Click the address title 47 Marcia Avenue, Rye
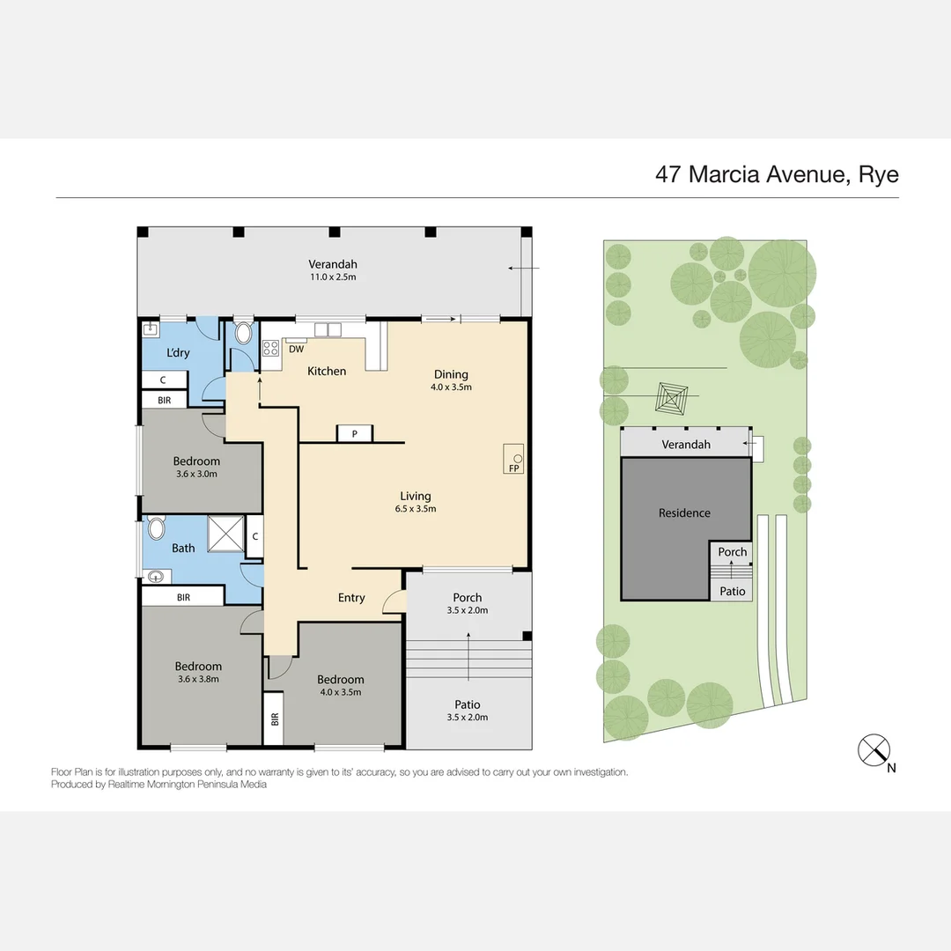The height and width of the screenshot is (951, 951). pyautogui.click(x=777, y=174)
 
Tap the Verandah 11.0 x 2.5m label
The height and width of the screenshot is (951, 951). pyautogui.click(x=332, y=270)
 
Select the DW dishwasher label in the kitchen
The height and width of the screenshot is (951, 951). pyautogui.click(x=296, y=350)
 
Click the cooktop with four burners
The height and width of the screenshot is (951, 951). pyautogui.click(x=270, y=348)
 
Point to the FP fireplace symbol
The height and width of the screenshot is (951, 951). pyautogui.click(x=513, y=459)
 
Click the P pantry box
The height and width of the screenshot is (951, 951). pyautogui.click(x=355, y=433)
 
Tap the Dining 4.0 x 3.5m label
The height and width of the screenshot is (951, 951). pyautogui.click(x=451, y=380)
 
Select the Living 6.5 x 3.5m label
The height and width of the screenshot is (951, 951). pyautogui.click(x=416, y=502)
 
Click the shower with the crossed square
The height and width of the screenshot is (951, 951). pyautogui.click(x=226, y=534)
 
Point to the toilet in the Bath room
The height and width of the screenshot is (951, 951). pyautogui.click(x=157, y=528)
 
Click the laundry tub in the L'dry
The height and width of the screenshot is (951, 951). pyautogui.click(x=151, y=330)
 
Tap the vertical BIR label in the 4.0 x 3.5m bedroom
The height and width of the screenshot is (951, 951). pyautogui.click(x=275, y=719)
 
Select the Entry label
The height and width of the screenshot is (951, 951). pyautogui.click(x=351, y=598)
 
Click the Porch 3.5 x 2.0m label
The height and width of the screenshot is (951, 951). pyautogui.click(x=467, y=603)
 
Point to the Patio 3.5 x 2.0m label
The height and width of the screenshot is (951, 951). pyautogui.click(x=467, y=711)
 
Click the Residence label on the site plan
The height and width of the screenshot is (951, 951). pyautogui.click(x=684, y=513)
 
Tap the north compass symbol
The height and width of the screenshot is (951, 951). pyautogui.click(x=874, y=750)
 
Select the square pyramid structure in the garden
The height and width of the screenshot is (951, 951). pyautogui.click(x=671, y=399)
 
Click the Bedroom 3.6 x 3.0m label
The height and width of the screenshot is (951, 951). pyautogui.click(x=196, y=467)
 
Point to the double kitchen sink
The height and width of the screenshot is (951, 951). pyautogui.click(x=328, y=330)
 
